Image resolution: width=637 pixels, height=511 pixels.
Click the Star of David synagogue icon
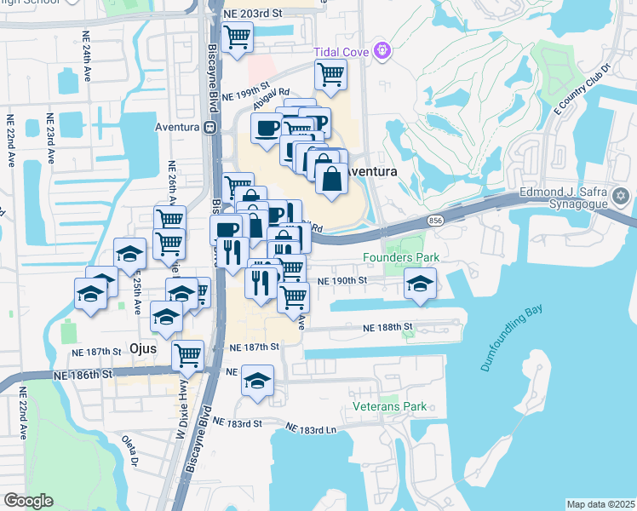[x=621, y=197]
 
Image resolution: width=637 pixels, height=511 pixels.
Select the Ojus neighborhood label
[x=146, y=347]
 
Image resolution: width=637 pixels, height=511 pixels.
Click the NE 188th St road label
[x=387, y=327]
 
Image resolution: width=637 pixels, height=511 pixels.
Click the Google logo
[x=28, y=501]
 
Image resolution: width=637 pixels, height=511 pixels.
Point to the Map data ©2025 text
[x=600, y=504]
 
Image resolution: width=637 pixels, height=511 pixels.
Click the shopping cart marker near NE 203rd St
[x=237, y=36]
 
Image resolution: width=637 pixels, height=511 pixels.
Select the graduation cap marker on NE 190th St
[x=420, y=283]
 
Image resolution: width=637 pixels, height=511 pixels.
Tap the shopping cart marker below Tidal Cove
[x=330, y=73]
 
